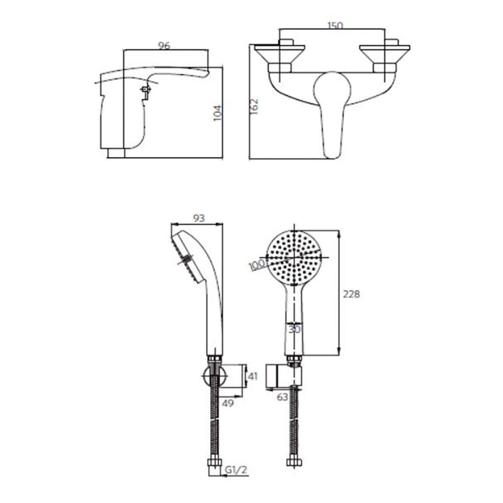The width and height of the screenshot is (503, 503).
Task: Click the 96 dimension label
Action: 164,46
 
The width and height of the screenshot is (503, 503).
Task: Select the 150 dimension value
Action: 335,26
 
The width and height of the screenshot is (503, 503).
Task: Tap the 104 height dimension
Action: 218,113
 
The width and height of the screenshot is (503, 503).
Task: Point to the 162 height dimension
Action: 254,106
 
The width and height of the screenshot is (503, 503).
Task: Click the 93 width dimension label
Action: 199,218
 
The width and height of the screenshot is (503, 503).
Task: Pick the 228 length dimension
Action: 351,294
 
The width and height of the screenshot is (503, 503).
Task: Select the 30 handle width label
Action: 294,330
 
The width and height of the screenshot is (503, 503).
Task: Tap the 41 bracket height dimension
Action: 253,376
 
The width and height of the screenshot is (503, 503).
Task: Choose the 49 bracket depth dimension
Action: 228,403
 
